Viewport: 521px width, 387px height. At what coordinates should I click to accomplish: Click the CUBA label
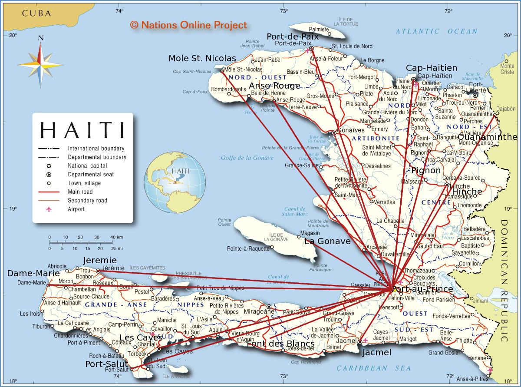[37, 13]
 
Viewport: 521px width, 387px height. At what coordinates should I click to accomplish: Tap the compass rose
[40, 64]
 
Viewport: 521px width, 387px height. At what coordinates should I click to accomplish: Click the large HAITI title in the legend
[82, 130]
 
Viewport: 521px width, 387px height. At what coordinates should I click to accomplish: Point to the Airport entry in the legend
[76, 209]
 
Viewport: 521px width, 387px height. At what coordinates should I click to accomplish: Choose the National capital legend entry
[87, 165]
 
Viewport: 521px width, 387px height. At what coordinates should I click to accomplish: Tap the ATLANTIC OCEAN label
[436, 31]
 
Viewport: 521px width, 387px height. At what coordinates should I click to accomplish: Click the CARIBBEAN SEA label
[373, 368]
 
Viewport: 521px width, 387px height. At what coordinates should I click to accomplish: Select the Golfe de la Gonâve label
[247, 158]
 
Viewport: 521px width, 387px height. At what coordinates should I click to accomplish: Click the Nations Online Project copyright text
[188, 25]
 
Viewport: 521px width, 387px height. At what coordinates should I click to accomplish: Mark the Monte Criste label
[507, 69]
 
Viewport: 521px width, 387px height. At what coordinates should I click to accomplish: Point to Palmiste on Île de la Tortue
[319, 29]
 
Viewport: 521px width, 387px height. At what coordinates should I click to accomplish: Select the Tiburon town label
[41, 326]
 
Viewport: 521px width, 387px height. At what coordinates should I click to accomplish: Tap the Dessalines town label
[378, 166]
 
